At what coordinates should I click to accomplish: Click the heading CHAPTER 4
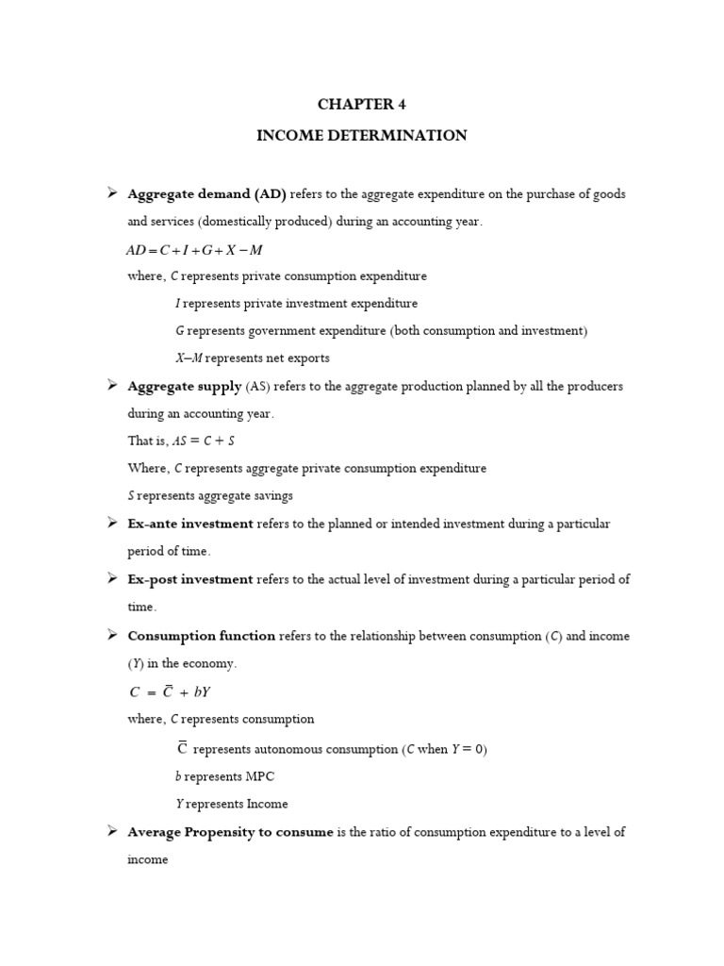point(362,105)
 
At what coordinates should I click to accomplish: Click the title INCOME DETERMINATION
point(362,136)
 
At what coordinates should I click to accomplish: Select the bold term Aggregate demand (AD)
point(206,194)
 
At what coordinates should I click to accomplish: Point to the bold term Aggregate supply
point(185,387)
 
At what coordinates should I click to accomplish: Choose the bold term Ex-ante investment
point(190,524)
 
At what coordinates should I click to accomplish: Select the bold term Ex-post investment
point(190,579)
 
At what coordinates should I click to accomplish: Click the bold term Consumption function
point(201,636)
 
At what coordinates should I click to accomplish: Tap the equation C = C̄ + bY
point(171,691)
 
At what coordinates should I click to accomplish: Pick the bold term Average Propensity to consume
point(230,832)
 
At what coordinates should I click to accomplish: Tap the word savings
point(271,495)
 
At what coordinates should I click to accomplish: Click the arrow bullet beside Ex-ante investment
point(111,523)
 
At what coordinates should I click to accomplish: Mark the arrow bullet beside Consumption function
point(111,635)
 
